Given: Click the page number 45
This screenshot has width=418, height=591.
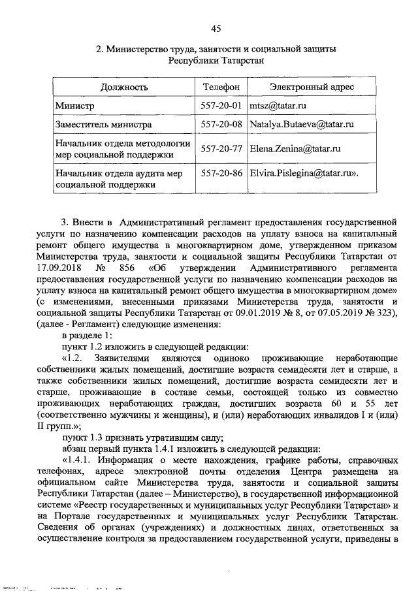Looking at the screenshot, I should [216, 27].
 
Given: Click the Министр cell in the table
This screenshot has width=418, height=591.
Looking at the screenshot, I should [75, 105].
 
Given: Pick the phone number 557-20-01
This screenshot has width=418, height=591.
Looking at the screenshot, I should [221, 105].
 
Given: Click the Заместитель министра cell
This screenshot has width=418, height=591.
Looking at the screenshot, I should [95, 123].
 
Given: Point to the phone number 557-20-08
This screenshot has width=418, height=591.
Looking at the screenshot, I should [221, 123].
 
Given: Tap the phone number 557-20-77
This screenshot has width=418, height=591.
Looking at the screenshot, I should [221, 148].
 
